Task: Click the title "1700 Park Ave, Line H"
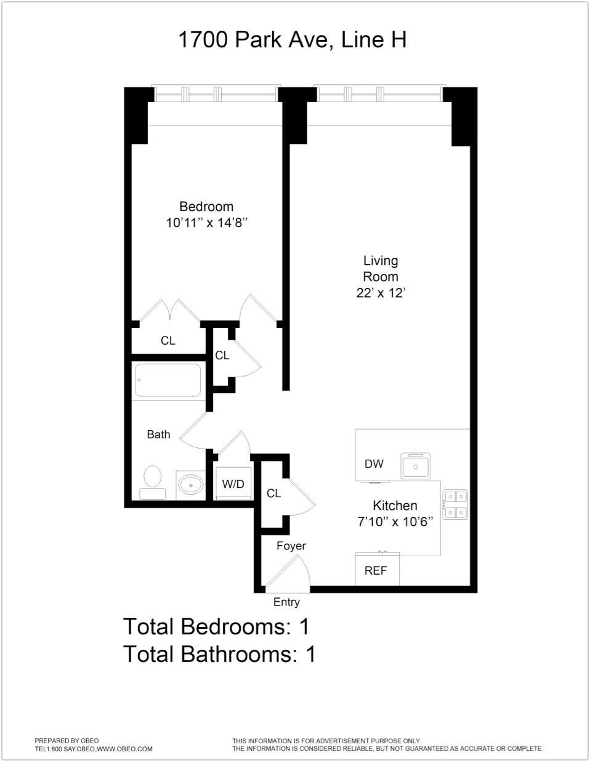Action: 292,40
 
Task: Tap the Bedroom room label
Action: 206,207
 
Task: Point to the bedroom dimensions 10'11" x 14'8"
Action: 206,223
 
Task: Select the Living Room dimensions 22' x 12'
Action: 380,293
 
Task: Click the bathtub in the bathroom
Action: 168,380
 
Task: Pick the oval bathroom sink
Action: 192,485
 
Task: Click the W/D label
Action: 233,484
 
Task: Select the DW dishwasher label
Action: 374,464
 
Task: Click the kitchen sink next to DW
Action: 416,466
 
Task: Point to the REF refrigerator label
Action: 376,571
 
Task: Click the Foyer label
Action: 291,546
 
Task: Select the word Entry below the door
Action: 286,602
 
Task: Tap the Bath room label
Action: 158,434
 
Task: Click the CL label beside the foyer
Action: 273,493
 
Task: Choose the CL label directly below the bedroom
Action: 168,340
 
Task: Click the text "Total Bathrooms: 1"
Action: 219,653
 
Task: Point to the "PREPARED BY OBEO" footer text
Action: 67,740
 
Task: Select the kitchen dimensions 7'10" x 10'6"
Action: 395,522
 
